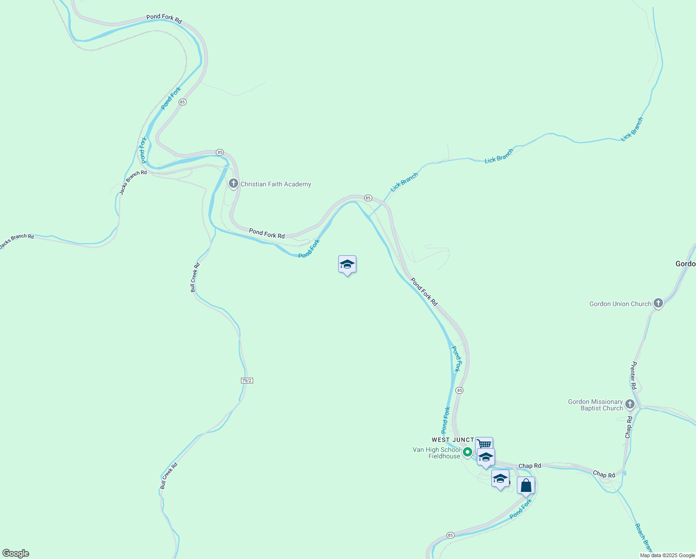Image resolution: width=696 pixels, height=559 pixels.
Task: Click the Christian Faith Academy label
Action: (x=275, y=184)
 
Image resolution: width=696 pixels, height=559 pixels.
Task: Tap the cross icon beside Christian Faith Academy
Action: (x=234, y=184)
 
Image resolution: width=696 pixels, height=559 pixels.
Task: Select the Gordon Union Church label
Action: (x=620, y=304)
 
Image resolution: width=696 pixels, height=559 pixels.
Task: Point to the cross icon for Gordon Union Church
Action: (x=658, y=303)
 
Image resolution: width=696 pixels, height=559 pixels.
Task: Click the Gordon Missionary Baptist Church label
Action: (x=595, y=405)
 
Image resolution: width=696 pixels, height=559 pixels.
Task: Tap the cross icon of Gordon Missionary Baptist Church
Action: (x=630, y=404)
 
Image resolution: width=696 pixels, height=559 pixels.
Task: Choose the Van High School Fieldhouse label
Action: (x=436, y=453)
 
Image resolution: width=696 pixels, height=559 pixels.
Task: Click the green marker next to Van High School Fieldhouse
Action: (x=468, y=452)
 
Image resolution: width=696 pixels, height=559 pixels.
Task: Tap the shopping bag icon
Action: (x=526, y=485)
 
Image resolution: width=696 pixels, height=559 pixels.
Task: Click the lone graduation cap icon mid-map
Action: (x=347, y=265)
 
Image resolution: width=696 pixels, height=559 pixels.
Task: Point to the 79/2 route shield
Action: (x=247, y=381)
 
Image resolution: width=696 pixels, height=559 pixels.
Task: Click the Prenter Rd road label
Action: (x=633, y=375)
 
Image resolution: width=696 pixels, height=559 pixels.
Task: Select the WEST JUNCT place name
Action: (x=452, y=440)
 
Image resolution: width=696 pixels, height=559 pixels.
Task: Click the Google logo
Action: (x=15, y=553)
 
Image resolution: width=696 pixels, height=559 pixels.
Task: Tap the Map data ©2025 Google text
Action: (x=667, y=555)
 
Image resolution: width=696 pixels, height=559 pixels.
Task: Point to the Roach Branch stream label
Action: (x=644, y=538)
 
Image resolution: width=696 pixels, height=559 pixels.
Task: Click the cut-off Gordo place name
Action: (x=685, y=264)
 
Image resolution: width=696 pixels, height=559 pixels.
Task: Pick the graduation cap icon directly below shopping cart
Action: (x=486, y=457)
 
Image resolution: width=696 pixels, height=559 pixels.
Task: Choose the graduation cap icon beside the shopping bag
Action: (x=500, y=478)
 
